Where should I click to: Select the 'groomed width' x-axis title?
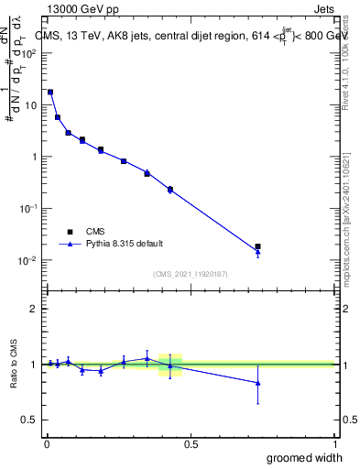(306, 457)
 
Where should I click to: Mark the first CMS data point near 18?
(50, 93)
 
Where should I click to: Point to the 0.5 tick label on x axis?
(190, 444)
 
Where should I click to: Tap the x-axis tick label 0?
(47, 444)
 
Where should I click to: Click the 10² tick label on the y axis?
(29, 52)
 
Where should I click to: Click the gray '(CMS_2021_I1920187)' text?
(190, 274)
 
